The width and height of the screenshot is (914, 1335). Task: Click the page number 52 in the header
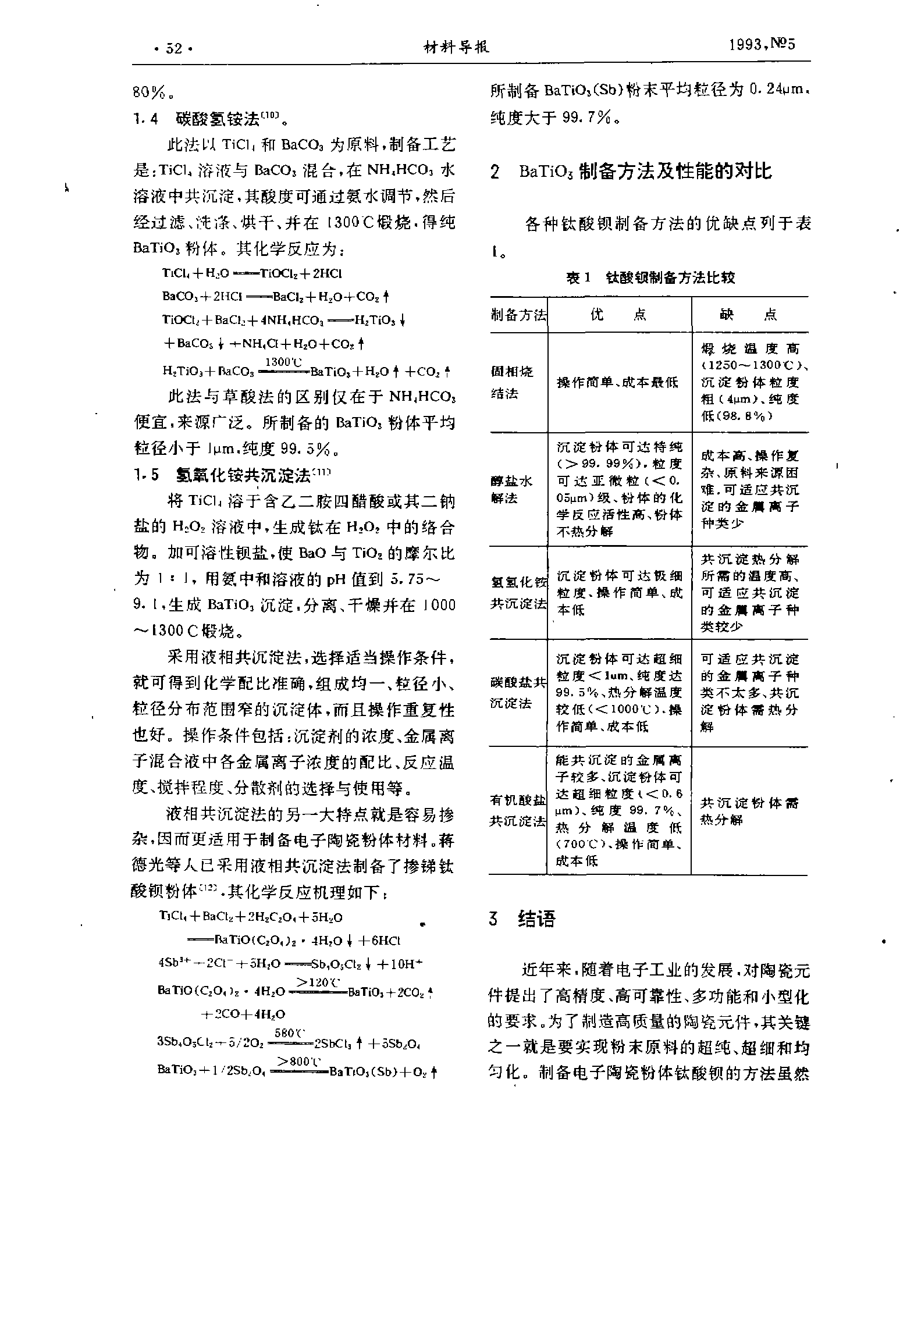click(173, 48)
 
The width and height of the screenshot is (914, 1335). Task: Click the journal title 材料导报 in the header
click(457, 47)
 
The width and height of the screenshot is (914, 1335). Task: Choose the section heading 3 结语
click(522, 919)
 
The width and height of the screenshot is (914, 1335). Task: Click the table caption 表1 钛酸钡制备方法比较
click(650, 278)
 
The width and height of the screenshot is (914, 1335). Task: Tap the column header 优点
click(618, 315)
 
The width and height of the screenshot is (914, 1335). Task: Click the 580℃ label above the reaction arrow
click(290, 1033)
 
